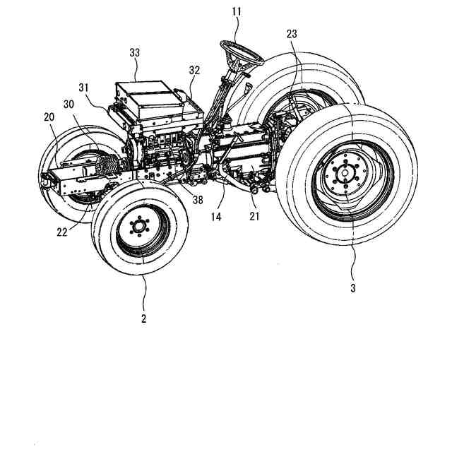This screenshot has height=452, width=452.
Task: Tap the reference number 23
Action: (292, 33)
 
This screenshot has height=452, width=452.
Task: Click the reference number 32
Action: (194, 71)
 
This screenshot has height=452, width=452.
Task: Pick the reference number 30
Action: (69, 103)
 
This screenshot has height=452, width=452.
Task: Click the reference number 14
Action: (215, 218)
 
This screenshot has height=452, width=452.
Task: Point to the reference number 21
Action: (254, 217)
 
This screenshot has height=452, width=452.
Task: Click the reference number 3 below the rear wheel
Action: (353, 287)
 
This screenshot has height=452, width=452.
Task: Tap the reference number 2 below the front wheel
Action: (143, 319)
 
